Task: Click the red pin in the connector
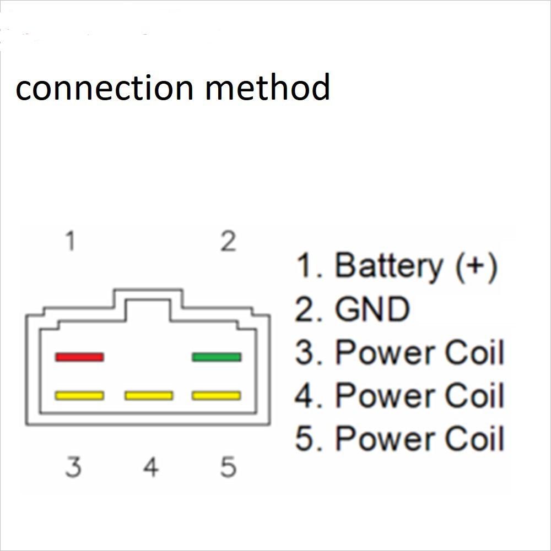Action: [x=79, y=357]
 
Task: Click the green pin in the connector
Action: [x=217, y=357]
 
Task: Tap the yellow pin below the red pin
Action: [x=79, y=395]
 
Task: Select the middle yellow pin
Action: [x=149, y=395]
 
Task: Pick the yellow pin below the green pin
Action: [x=217, y=395]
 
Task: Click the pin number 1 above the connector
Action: [x=70, y=241]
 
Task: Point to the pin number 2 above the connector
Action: [x=228, y=241]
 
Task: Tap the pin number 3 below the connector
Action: [x=73, y=467]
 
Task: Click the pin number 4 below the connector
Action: [x=151, y=467]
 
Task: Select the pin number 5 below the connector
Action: [x=228, y=467]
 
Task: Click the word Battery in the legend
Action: [x=389, y=265]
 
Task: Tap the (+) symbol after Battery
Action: [x=477, y=265]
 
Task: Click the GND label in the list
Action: [x=372, y=309]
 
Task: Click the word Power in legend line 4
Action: [x=382, y=395]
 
